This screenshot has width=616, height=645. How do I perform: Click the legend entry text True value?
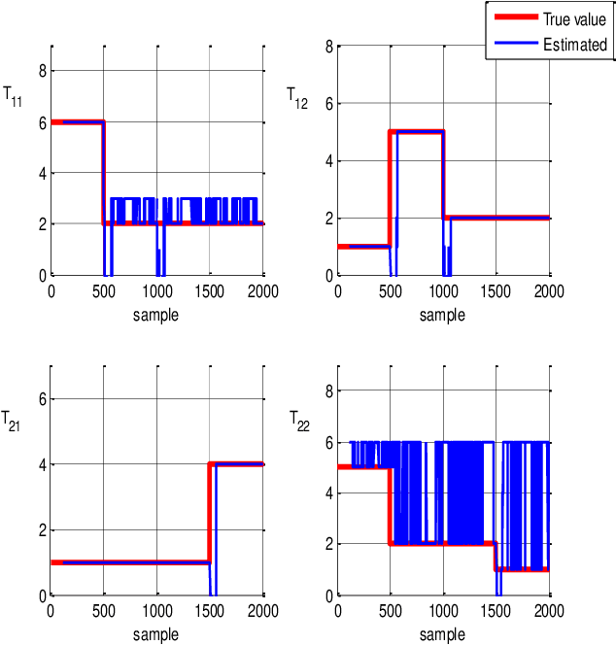[x=574, y=18]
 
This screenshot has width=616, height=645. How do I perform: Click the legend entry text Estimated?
[x=574, y=44]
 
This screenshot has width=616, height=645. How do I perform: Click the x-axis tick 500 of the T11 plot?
[x=104, y=290]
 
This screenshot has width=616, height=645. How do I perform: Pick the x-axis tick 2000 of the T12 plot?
[x=549, y=290]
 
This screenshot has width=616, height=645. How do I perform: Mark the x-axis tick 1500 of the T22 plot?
[x=496, y=611]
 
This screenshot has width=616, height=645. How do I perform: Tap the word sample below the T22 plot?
[x=442, y=634]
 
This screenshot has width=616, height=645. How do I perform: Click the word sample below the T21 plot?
[x=156, y=634]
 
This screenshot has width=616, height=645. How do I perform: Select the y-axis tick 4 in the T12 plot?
[x=329, y=160]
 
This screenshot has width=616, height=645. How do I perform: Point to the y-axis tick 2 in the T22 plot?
[x=329, y=544]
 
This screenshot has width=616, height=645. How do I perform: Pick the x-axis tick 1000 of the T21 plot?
[x=157, y=611]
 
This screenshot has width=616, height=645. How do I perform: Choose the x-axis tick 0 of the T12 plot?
[x=337, y=290]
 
